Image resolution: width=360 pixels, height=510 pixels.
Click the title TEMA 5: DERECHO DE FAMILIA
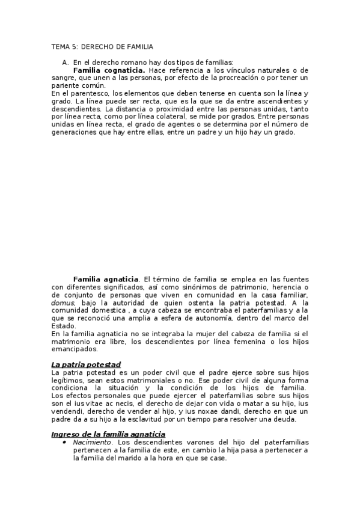(x=102, y=46)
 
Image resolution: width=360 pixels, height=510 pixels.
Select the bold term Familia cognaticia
(x=109, y=70)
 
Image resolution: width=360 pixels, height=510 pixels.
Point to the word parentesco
(x=86, y=94)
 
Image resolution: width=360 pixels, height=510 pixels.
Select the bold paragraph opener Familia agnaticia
(x=106, y=279)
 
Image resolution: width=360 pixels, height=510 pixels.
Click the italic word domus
(x=63, y=303)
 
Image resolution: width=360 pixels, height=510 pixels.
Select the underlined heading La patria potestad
(x=87, y=364)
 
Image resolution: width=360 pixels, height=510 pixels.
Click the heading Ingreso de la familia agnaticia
(x=108, y=434)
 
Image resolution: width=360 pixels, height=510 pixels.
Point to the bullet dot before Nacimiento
(x=64, y=442)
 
